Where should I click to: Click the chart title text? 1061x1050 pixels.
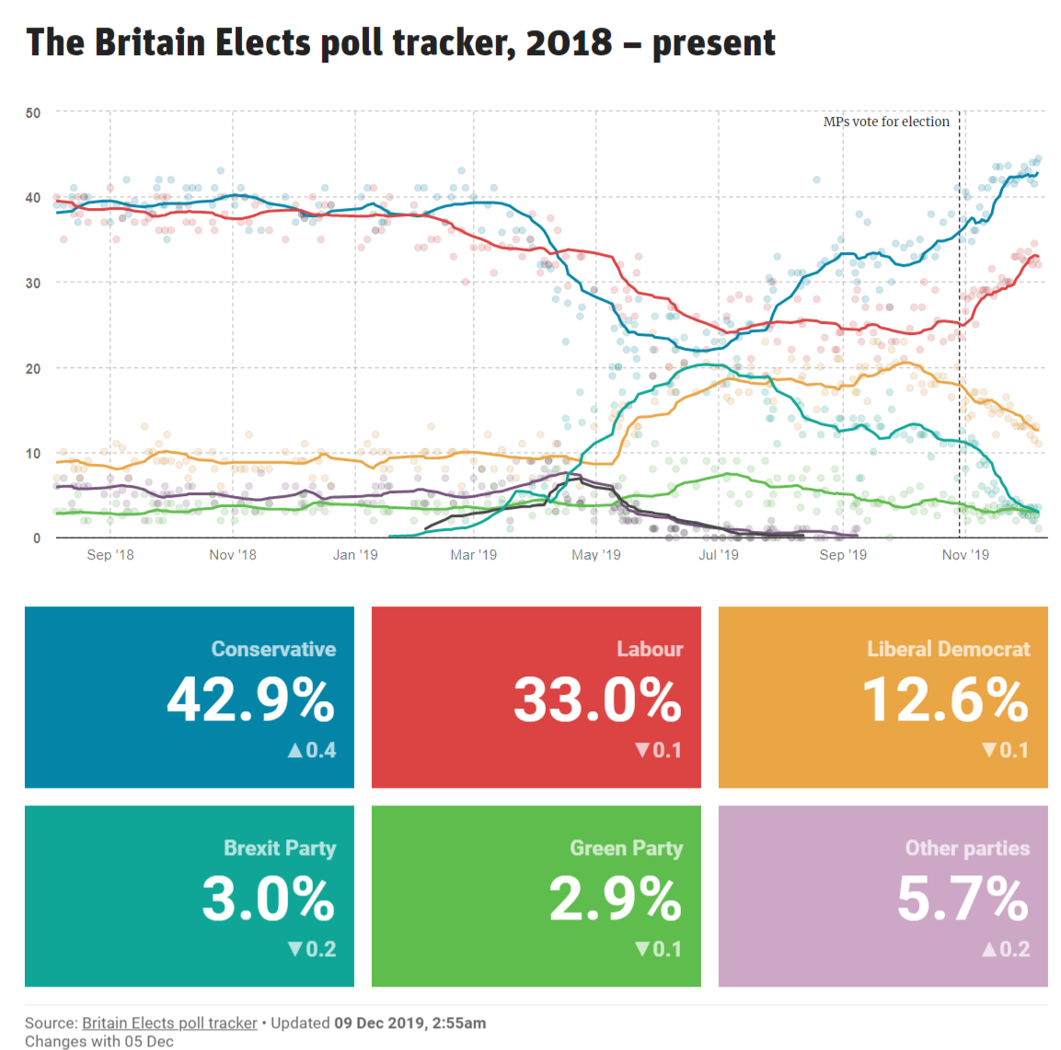400,42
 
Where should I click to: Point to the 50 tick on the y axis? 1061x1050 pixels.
33,112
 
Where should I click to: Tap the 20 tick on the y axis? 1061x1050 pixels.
33,368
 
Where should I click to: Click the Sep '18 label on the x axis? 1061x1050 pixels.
110,554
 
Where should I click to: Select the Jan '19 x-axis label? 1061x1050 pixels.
355,554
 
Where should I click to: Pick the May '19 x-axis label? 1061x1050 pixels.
595,554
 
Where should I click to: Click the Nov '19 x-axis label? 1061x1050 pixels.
965,554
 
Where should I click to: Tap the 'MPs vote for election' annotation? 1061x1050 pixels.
885,121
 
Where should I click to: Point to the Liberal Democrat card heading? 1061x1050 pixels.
948,649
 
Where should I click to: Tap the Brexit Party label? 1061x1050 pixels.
280,848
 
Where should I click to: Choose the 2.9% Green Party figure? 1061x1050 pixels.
615,899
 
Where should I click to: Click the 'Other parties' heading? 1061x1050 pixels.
967,848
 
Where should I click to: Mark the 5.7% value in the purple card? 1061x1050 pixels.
963,899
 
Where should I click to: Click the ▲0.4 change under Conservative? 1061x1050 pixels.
312,750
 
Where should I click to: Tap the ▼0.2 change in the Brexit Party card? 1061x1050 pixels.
312,949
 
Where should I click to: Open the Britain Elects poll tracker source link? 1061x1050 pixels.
169,1022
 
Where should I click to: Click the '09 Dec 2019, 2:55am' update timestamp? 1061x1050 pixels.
410,1022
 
